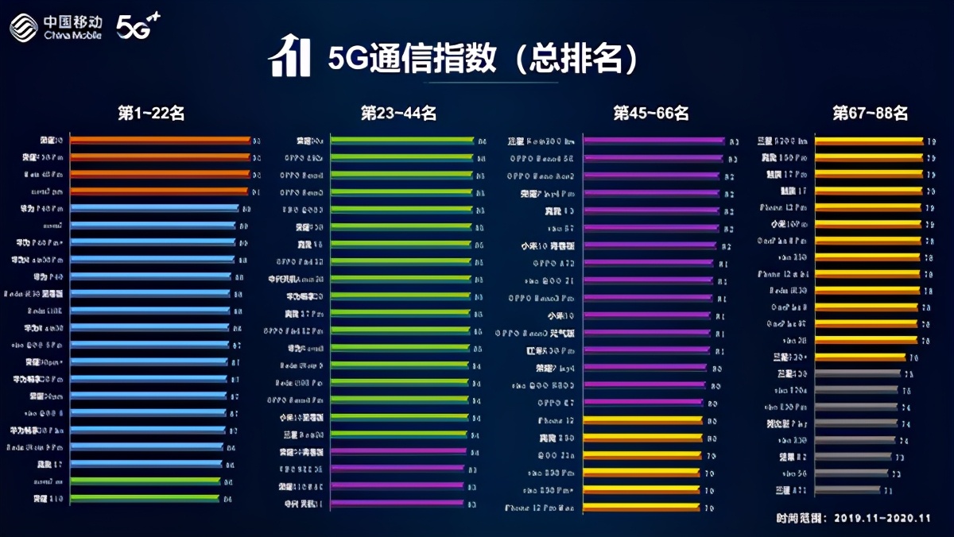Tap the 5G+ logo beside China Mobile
[x=138, y=26]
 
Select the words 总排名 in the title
[x=577, y=58]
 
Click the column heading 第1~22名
[x=151, y=114]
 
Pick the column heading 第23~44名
[x=398, y=114]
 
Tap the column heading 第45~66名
[x=650, y=114]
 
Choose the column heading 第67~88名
[x=870, y=114]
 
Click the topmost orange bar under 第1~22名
[x=159, y=141]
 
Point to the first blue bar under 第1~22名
[x=154, y=208]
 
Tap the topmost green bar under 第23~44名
[x=401, y=141]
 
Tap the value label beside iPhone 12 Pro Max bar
[x=709, y=508]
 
